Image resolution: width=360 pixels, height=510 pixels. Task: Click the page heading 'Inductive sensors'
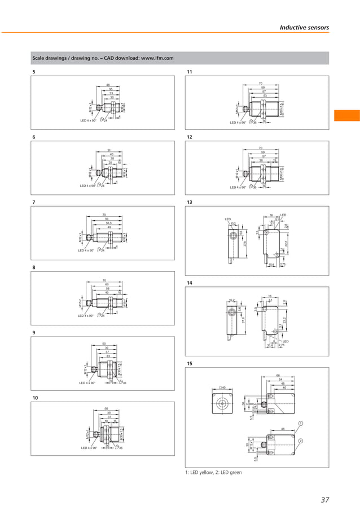click(x=304, y=27)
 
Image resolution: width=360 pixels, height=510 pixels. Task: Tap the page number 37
click(x=324, y=499)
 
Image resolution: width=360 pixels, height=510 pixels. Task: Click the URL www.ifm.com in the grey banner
click(x=156, y=58)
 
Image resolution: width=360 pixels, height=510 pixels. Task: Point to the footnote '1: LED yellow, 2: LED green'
click(x=214, y=472)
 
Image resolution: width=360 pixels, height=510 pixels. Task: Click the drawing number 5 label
click(x=34, y=72)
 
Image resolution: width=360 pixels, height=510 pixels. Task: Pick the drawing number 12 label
click(x=190, y=137)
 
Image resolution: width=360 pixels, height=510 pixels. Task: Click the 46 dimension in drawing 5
click(x=108, y=85)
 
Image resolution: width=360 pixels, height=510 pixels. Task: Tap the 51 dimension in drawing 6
click(x=108, y=150)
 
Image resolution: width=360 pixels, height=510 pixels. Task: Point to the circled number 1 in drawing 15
click(x=301, y=423)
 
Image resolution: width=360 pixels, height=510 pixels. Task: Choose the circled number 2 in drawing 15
click(x=301, y=441)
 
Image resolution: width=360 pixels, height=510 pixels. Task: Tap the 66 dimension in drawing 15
click(x=278, y=376)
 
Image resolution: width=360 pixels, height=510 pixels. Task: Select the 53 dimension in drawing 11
click(x=264, y=95)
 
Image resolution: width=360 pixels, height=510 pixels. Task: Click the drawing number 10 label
click(x=35, y=399)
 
